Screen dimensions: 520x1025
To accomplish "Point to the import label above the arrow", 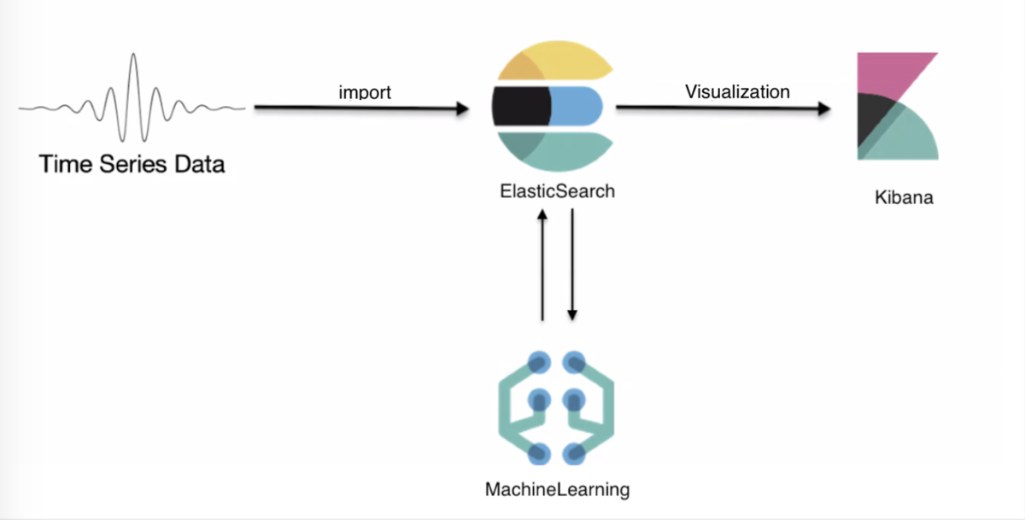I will click(365, 91).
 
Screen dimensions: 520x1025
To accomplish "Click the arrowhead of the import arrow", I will click(462, 108).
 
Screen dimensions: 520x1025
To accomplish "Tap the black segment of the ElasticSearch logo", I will click(519, 108).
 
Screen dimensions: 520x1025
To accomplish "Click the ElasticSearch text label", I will click(557, 191).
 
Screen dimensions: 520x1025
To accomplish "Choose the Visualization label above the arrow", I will click(737, 91).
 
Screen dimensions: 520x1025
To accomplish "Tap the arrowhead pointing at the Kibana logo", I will click(824, 108).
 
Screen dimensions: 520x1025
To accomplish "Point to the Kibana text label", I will click(904, 198).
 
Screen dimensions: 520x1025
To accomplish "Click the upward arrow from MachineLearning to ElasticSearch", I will click(542, 265).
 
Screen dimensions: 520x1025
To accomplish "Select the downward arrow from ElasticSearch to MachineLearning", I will click(571, 265).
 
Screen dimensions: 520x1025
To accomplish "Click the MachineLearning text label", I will click(557, 490).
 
